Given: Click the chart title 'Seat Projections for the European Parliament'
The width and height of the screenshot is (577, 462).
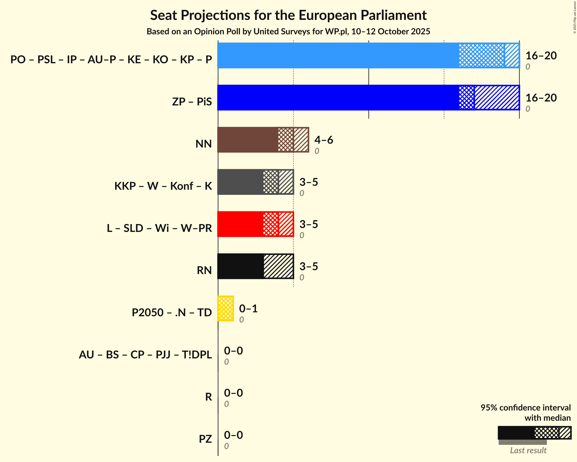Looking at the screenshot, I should pyautogui.click(x=288, y=15).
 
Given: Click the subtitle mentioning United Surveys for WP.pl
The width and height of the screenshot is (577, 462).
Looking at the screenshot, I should pyautogui.click(x=288, y=32).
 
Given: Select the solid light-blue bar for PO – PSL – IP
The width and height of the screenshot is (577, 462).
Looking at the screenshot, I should pyautogui.click(x=337, y=55).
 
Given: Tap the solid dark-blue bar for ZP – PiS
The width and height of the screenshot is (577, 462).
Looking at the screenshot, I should pyautogui.click(x=337, y=98).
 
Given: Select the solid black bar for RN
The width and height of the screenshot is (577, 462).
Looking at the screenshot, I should pyautogui.click(x=240, y=266).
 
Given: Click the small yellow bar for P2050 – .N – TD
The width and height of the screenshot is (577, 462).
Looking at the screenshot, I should pyautogui.click(x=226, y=308).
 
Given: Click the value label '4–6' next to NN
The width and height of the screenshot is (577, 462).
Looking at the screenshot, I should pyautogui.click(x=324, y=140).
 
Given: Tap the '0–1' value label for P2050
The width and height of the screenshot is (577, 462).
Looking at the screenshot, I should pyautogui.click(x=248, y=308).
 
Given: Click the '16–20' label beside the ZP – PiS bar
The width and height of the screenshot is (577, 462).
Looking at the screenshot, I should pyautogui.click(x=541, y=98).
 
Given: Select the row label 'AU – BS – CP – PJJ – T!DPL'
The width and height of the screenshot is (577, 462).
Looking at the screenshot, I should pyautogui.click(x=145, y=354).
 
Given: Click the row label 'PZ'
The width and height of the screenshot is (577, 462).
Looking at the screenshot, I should pyautogui.click(x=205, y=439).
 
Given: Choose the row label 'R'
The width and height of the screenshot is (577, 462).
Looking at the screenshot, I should pyautogui.click(x=209, y=397).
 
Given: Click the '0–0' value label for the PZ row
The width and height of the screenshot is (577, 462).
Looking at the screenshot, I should pyautogui.click(x=233, y=435).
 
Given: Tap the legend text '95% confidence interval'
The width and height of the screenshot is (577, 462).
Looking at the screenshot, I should pyautogui.click(x=525, y=407).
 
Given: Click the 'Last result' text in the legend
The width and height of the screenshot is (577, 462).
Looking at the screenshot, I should pyautogui.click(x=528, y=450).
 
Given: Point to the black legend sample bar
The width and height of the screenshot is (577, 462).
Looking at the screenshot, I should pyautogui.click(x=516, y=433).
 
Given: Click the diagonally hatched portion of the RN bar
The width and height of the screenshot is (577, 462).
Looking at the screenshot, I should pyautogui.click(x=278, y=266).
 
